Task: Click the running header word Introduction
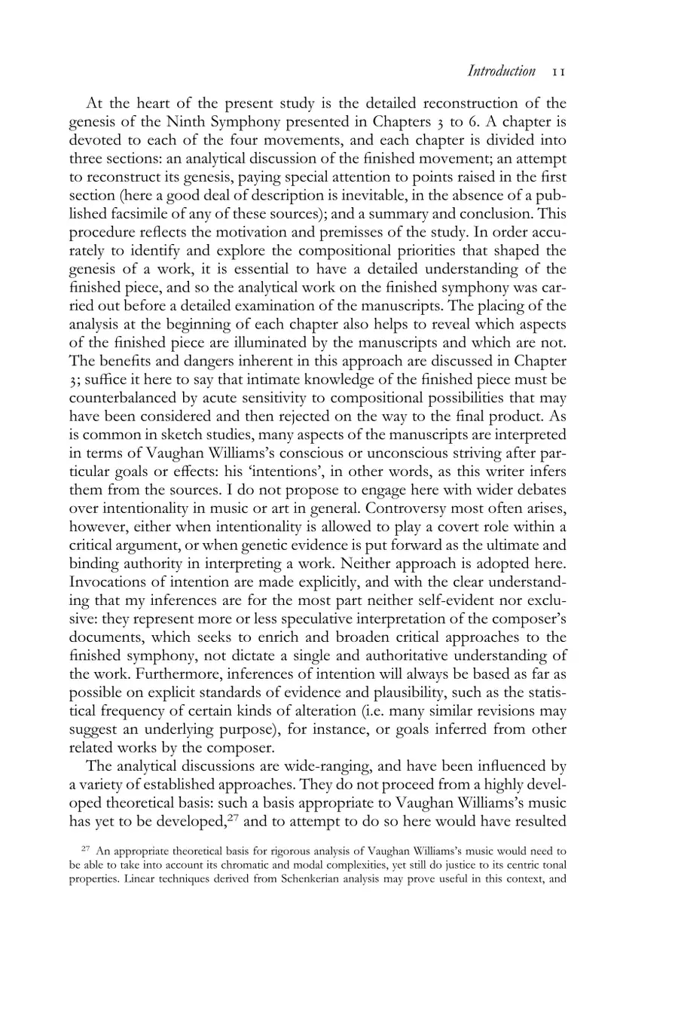pyautogui.click(x=501, y=72)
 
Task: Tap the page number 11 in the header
pyautogui.click(x=558, y=72)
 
